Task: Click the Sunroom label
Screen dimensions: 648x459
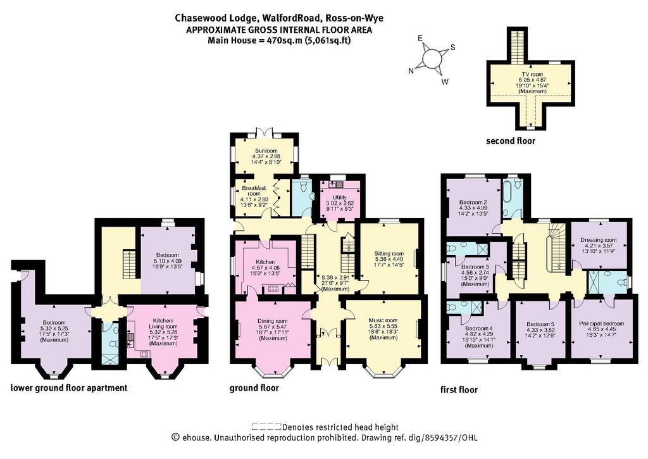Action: pos(266,151)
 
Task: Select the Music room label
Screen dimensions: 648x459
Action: pos(383,320)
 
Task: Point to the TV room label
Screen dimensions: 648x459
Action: pos(531,74)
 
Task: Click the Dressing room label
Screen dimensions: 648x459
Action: pos(599,240)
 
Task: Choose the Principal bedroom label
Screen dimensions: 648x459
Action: pos(601,324)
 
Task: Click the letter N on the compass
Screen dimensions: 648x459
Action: pos(411,71)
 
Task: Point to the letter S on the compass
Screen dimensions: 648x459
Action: pos(452,47)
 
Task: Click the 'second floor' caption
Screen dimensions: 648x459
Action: pos(511,141)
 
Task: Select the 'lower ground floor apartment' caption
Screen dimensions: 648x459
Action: pos(69,388)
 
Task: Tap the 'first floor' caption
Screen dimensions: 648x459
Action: pos(459,389)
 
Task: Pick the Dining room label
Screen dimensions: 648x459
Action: pos(272,322)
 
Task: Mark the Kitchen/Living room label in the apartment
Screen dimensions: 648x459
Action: pos(165,324)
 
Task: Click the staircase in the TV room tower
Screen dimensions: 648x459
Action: pos(517,46)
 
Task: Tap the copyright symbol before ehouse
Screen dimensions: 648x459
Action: pos(175,437)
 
